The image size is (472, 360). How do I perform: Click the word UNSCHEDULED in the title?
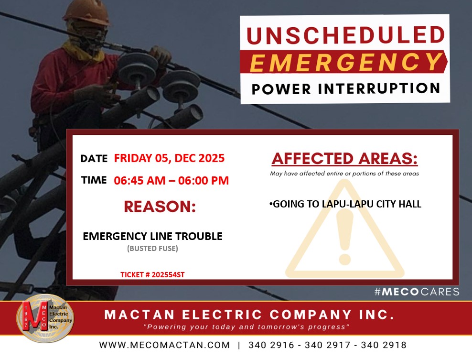point(345,35)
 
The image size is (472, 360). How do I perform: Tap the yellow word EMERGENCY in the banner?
point(345,62)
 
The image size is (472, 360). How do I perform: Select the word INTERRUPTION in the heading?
point(379,88)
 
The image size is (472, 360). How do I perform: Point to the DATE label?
point(94,158)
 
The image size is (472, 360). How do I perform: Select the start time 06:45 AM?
point(139,180)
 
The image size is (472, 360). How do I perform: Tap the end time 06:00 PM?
point(204,180)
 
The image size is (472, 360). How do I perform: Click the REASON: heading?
point(160,207)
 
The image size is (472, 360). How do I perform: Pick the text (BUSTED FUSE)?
point(152,249)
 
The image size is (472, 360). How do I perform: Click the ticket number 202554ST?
point(168,275)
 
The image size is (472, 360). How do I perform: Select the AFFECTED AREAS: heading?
point(344,159)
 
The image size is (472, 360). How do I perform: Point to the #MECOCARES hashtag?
point(417,292)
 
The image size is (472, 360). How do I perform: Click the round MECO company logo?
point(45,318)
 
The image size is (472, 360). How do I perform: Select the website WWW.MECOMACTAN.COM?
point(164,345)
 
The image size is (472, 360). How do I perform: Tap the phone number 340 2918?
point(384,345)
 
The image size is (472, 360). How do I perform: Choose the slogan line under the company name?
point(247,327)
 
